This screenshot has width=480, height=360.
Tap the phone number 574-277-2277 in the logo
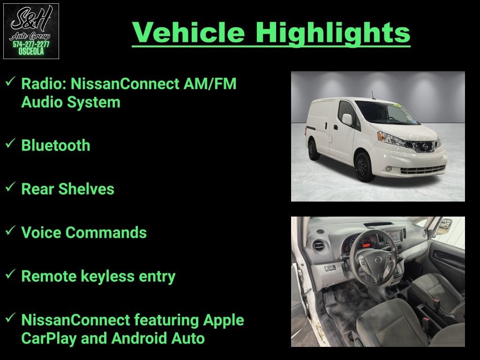[x=31, y=44]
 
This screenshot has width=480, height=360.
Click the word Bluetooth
[x=55, y=145]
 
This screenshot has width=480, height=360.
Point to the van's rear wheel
[x=314, y=150]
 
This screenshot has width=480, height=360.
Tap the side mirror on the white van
[x=347, y=120]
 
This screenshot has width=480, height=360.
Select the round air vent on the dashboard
[x=320, y=246]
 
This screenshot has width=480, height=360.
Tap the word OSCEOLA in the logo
[x=31, y=52]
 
